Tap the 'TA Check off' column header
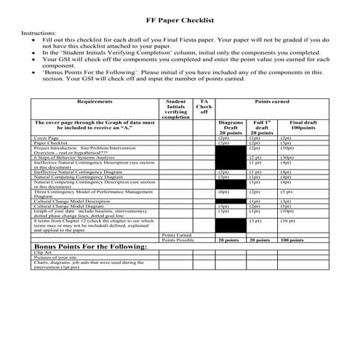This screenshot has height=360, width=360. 204,108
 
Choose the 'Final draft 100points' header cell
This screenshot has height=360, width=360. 305,128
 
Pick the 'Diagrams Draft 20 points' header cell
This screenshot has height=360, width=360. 231,128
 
